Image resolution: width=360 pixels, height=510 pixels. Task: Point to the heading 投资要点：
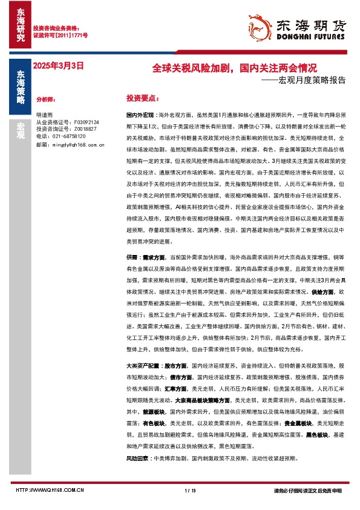click(x=142, y=98)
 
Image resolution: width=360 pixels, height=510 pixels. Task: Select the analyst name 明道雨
click(x=44, y=114)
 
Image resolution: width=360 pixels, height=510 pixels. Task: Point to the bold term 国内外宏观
click(x=139, y=114)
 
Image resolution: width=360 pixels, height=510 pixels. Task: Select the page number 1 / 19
click(x=188, y=490)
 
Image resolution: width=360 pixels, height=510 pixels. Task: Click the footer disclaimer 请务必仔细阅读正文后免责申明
click(x=307, y=490)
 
